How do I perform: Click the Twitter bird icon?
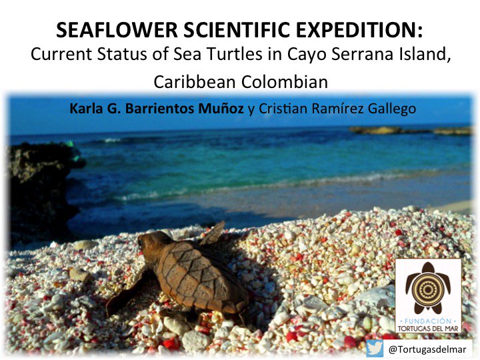click(x=374, y=349)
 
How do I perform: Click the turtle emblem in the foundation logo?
click(x=427, y=286)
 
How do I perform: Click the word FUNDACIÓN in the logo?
click(x=427, y=319)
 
